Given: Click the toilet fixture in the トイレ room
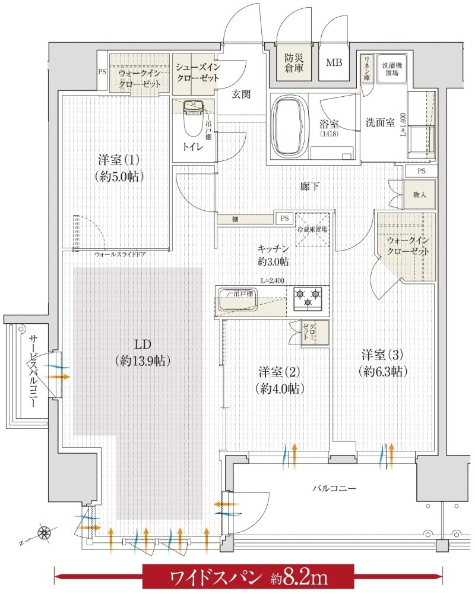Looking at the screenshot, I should point(194,119).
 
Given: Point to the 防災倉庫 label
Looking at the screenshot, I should point(293,63).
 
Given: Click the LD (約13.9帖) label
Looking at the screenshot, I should point(141,352).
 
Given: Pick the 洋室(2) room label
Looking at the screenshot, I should point(277,380).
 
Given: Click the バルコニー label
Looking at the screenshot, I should point(335,488).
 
